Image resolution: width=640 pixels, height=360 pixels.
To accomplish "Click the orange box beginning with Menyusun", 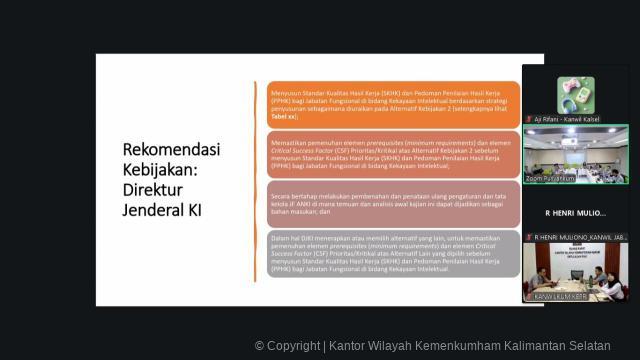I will [394, 104].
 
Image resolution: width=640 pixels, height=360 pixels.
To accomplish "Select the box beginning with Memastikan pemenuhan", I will [394, 154].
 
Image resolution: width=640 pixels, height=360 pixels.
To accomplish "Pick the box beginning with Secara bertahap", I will [394, 202].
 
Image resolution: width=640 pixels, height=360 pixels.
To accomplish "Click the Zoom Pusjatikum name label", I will [550, 179].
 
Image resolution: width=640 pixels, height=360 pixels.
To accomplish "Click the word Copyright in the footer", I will [294, 346].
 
